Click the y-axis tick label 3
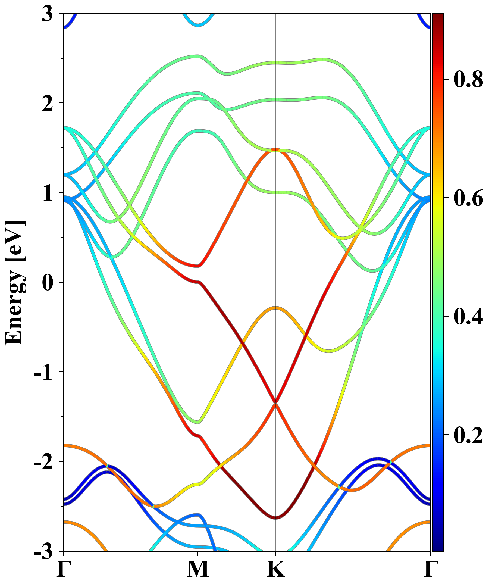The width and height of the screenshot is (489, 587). tap(47, 14)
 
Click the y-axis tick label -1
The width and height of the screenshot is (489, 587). tap(43, 373)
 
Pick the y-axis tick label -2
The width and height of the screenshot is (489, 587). tap(43, 462)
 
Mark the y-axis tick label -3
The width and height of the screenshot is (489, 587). tap(43, 551)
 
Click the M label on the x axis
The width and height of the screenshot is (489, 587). tap(198, 569)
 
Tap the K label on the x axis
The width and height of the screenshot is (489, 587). tap(276, 569)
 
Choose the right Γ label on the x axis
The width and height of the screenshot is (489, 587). tap(431, 569)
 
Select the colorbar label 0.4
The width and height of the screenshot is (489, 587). tap(468, 316)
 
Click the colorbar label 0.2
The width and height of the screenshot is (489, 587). tap(468, 435)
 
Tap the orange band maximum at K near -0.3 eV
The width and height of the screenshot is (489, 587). tap(276, 308)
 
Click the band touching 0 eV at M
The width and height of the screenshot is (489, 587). tap(198, 282)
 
